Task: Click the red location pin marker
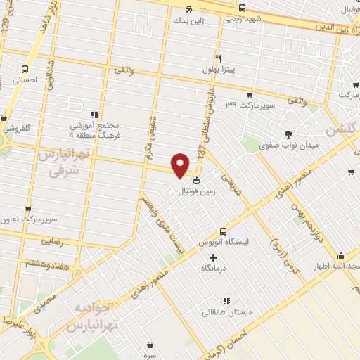[x=181, y=165]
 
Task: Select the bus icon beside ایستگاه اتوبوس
[x=223, y=231]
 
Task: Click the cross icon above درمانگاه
[x=213, y=257]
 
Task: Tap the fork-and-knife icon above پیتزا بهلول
[x=219, y=58]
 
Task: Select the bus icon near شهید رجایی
[x=242, y=8]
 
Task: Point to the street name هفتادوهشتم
[x=44, y=262]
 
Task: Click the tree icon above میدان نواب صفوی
[x=287, y=134]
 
